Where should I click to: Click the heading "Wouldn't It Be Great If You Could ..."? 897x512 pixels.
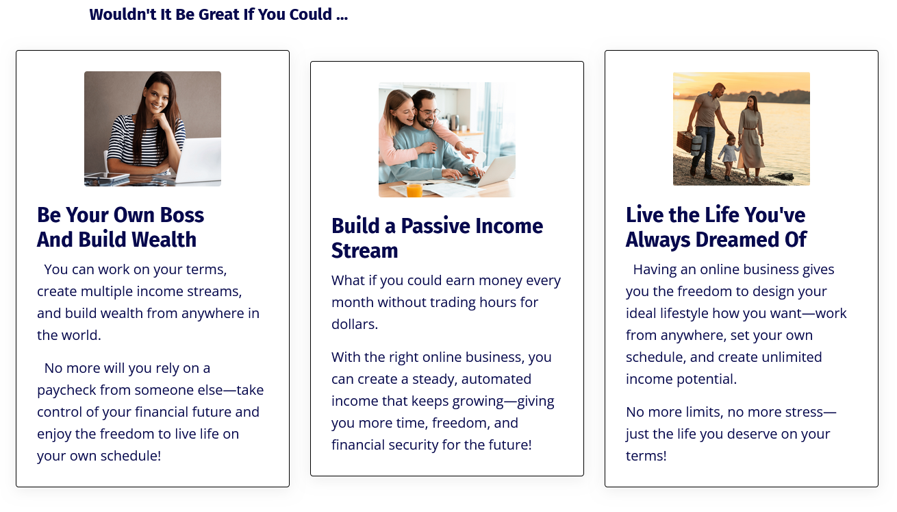coord(218,14)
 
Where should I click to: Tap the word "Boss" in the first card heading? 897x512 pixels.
coord(182,215)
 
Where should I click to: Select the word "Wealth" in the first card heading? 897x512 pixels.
coord(164,239)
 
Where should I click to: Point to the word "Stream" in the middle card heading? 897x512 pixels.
coord(365,251)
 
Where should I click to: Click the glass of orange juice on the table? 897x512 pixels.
coord(414,190)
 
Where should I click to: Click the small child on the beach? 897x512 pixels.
coord(729,157)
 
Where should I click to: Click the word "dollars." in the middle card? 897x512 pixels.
coord(355,324)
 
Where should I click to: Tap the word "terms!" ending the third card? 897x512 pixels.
coord(646,456)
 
